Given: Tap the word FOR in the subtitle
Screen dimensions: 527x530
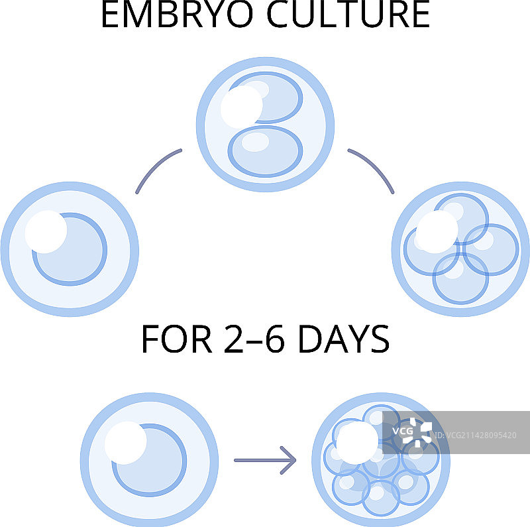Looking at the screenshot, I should click(174, 339).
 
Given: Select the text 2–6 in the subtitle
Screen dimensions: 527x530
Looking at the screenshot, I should click(250, 339).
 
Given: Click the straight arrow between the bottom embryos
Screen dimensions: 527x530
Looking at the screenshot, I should click(265, 459).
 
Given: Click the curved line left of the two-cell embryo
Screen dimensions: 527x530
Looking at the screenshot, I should click(157, 170).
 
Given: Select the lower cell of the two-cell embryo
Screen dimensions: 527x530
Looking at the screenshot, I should click(265, 151).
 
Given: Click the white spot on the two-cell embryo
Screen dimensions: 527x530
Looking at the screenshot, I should click(241, 107).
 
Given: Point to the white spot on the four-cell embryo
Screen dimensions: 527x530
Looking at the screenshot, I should click(437, 233).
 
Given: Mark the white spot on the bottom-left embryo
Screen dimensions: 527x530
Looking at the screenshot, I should click(126, 443).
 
